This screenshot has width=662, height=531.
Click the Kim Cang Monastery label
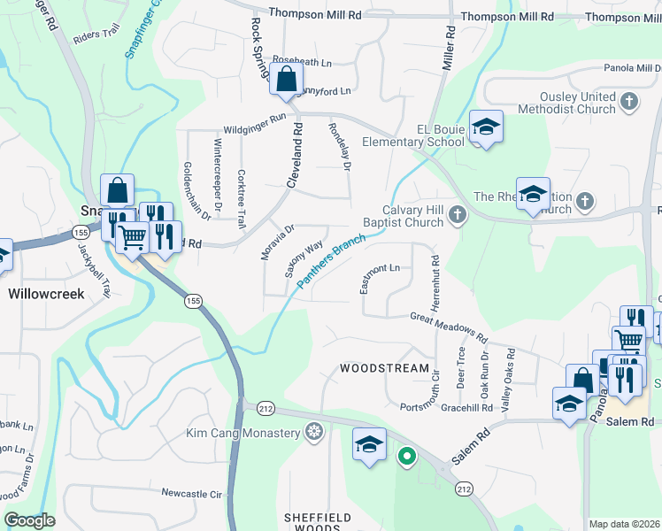[x=243, y=433]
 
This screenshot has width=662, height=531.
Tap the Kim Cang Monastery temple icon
[x=313, y=433]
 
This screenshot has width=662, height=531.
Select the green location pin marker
[x=406, y=457]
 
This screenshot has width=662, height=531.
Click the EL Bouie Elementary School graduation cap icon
[x=485, y=129]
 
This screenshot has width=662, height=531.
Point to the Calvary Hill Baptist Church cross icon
[x=458, y=212]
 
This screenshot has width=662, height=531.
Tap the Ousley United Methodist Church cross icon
[x=630, y=101]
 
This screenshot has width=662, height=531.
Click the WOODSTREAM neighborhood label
[x=385, y=367]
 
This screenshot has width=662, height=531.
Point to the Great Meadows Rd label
[x=449, y=327]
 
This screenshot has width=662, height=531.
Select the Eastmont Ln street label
[x=381, y=277]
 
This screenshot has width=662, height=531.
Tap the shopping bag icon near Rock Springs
[x=287, y=81]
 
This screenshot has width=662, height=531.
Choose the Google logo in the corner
[x=29, y=521]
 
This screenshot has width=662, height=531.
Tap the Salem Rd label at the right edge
[x=629, y=422]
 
